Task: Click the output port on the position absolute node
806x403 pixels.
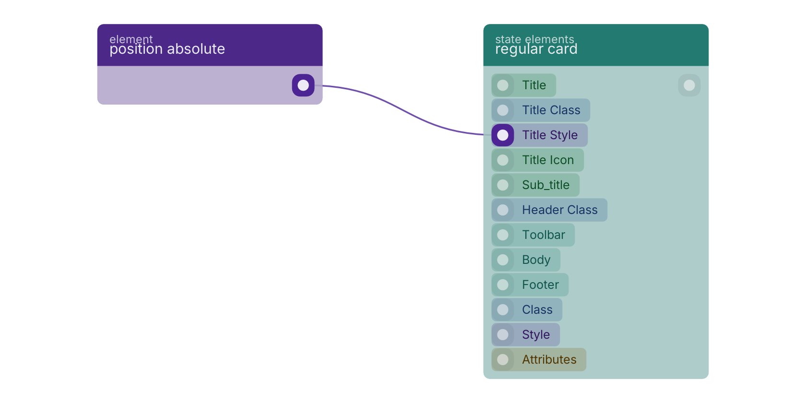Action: (x=303, y=85)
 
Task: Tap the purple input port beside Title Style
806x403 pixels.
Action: (x=503, y=135)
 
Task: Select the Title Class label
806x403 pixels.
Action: (x=551, y=110)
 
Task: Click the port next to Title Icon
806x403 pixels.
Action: (x=503, y=160)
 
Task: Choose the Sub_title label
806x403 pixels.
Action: (x=545, y=185)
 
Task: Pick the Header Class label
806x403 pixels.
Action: (x=559, y=210)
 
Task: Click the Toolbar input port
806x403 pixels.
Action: (x=503, y=235)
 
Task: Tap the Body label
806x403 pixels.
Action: (x=536, y=260)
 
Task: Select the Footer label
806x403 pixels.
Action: (x=540, y=284)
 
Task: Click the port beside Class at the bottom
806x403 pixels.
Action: (x=503, y=309)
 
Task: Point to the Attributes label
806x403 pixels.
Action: (x=549, y=359)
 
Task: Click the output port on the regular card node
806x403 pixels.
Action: (x=689, y=85)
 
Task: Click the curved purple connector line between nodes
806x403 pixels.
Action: (x=403, y=110)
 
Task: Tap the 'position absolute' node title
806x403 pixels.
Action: (x=167, y=49)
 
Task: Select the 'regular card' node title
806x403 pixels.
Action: (x=536, y=49)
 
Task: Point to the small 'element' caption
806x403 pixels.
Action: (x=131, y=38)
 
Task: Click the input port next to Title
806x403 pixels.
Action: (x=503, y=85)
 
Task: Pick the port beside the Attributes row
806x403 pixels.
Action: (x=503, y=359)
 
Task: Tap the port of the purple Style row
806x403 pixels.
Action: (x=503, y=335)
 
